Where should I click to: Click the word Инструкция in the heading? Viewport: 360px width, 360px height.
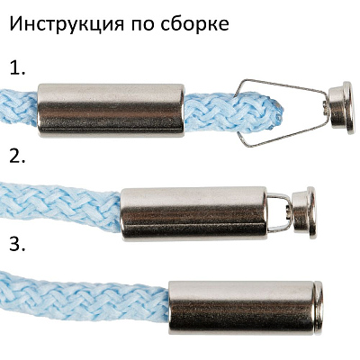(68, 24)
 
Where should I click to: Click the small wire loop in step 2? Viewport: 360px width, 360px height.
(280, 212)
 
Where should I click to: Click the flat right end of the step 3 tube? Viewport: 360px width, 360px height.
(319, 307)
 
